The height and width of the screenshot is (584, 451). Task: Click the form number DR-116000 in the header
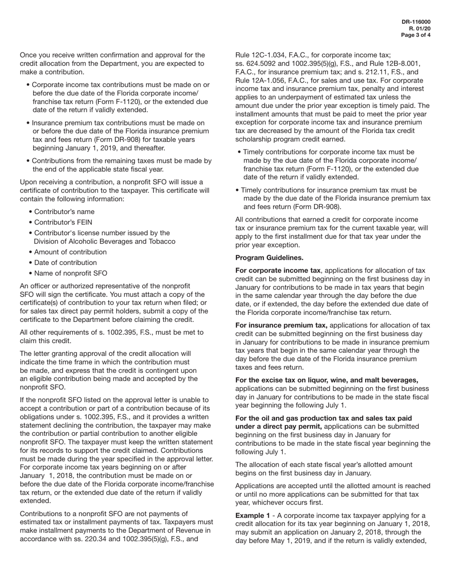coord(416,22)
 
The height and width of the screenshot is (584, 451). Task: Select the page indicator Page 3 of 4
coord(416,35)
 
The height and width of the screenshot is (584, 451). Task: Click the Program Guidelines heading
coord(269,258)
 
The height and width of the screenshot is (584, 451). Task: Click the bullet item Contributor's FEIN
coord(63,222)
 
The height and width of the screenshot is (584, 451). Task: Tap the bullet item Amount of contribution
coord(70,252)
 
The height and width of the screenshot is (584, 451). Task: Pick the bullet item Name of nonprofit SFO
coord(70,273)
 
